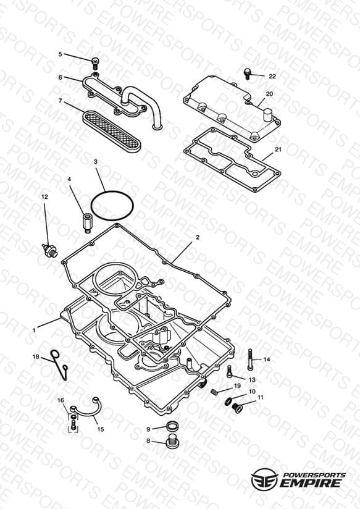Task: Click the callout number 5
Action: pyautogui.click(x=60, y=54)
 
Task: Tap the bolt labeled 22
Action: pyautogui.click(x=248, y=74)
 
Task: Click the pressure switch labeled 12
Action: pyautogui.click(x=49, y=251)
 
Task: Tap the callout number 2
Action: pyautogui.click(x=198, y=237)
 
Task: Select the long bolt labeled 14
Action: pyautogui.click(x=250, y=360)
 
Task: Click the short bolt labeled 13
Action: pyautogui.click(x=230, y=371)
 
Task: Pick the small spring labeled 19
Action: pyautogui.click(x=214, y=392)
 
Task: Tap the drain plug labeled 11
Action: pyautogui.click(x=238, y=408)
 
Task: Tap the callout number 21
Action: pyautogui.click(x=278, y=149)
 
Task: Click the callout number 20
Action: pyautogui.click(x=269, y=94)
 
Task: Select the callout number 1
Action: pyautogui.click(x=35, y=330)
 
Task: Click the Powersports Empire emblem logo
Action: pyautogui.click(x=264, y=479)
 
